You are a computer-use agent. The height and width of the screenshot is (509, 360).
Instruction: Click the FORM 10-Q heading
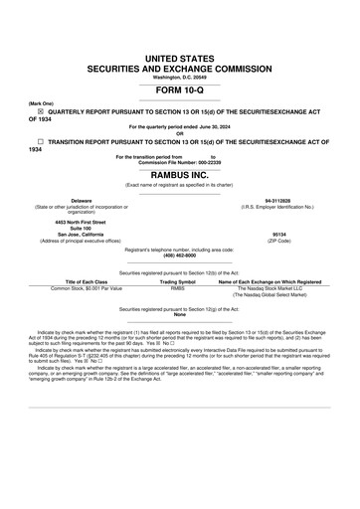180,90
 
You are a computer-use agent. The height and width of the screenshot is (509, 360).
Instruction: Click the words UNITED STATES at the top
180,62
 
